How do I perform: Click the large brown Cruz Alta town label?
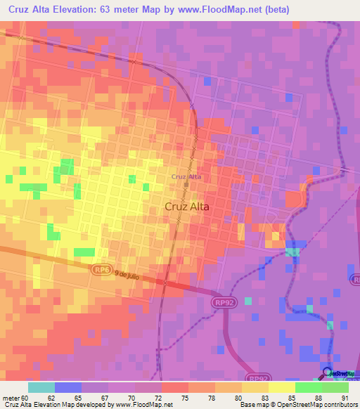point(186,207)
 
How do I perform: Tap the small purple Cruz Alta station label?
point(186,176)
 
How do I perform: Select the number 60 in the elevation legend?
point(26,397)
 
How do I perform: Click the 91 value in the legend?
point(345,397)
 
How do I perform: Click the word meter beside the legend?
point(10,397)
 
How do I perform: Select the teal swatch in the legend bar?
point(41,387)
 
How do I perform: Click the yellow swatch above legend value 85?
point(282,387)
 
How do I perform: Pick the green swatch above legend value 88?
point(309,387)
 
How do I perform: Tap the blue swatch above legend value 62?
point(68,387)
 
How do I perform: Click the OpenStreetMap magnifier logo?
point(328,372)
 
